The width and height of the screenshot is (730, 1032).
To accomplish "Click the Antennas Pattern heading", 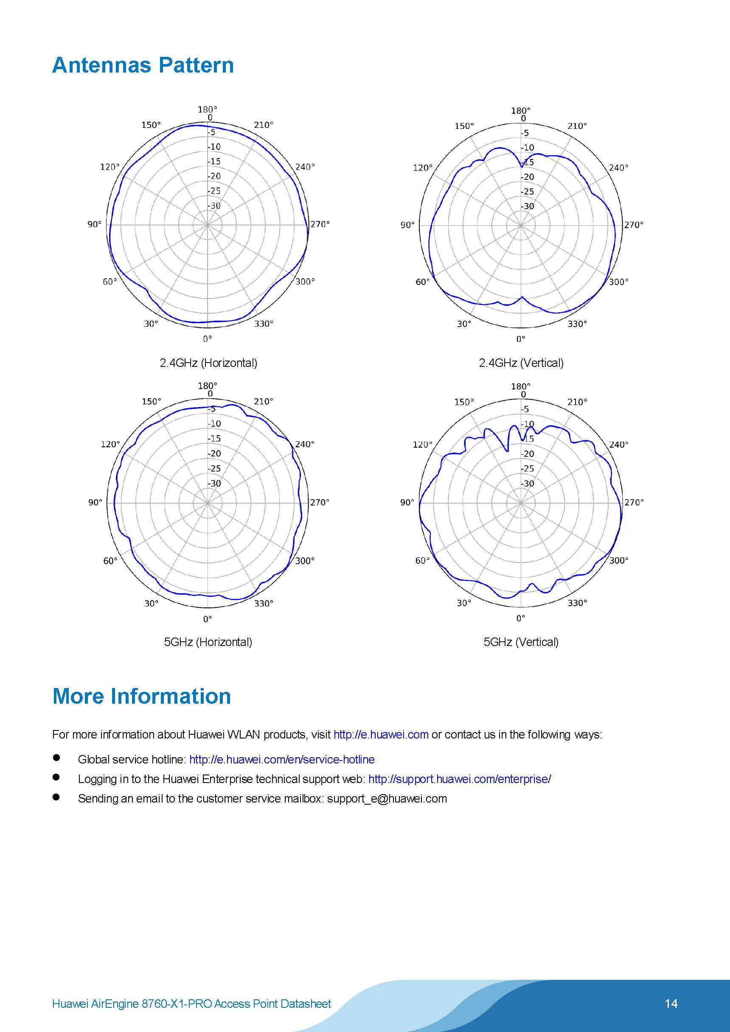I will (x=143, y=66).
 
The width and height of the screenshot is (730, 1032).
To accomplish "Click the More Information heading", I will (x=142, y=696).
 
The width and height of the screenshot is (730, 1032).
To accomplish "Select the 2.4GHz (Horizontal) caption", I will (x=208, y=363).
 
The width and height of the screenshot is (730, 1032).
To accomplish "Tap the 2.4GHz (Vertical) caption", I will (x=521, y=363).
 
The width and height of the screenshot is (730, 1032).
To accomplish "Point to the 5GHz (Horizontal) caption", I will (x=208, y=642).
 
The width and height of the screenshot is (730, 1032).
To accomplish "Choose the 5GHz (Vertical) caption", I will (x=521, y=642).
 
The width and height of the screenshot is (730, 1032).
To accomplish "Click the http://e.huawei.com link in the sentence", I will (x=381, y=734).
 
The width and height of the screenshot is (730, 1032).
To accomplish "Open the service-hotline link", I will (x=281, y=759).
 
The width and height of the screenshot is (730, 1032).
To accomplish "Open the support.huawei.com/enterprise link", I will (x=459, y=779).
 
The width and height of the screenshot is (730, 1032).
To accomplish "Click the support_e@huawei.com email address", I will (x=387, y=798).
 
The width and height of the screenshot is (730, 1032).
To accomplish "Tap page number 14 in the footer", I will (x=671, y=1003).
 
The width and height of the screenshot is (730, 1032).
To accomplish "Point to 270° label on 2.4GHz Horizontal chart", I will (x=320, y=224).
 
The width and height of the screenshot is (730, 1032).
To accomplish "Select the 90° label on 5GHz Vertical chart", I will (x=407, y=502).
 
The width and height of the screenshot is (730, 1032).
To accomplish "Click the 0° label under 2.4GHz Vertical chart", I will (x=520, y=338).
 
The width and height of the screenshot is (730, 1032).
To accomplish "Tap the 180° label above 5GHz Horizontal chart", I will (x=208, y=386).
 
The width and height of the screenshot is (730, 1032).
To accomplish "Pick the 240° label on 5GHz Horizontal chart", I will (x=304, y=444).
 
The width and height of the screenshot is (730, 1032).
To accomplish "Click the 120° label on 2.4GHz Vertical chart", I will (x=423, y=168).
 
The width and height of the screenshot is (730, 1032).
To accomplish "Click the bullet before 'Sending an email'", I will (x=56, y=797).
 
